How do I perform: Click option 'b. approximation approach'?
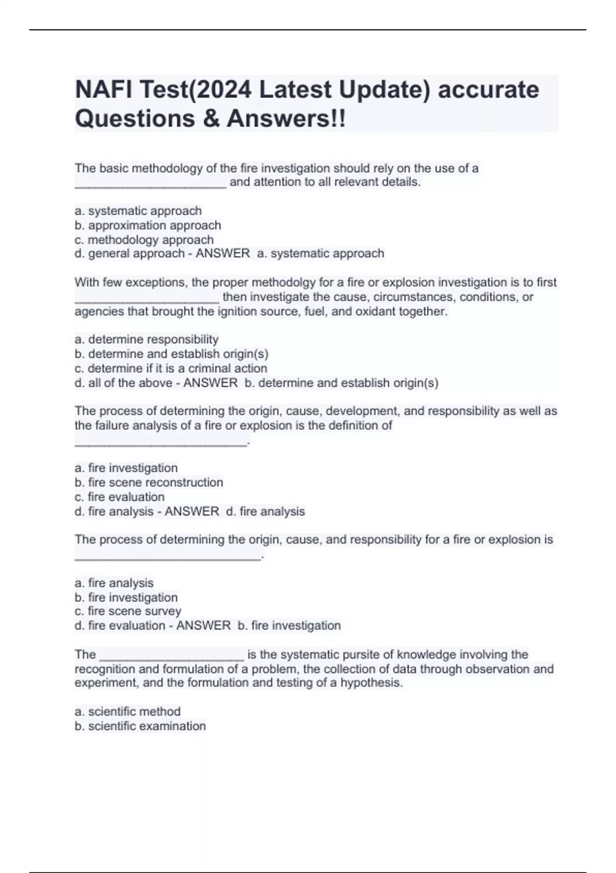(x=148, y=225)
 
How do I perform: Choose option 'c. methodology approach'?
(x=144, y=240)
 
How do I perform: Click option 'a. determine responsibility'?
(x=147, y=339)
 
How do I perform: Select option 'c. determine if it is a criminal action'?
(x=171, y=368)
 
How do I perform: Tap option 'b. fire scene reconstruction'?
(x=149, y=482)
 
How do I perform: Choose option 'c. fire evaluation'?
(x=120, y=497)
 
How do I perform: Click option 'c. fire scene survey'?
(x=128, y=611)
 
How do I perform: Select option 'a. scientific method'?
(x=128, y=711)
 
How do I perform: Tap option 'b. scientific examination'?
(x=140, y=726)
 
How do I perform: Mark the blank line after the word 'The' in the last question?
(x=171, y=656)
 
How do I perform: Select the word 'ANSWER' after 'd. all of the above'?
(x=210, y=383)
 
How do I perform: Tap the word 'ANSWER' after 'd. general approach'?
(x=223, y=254)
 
